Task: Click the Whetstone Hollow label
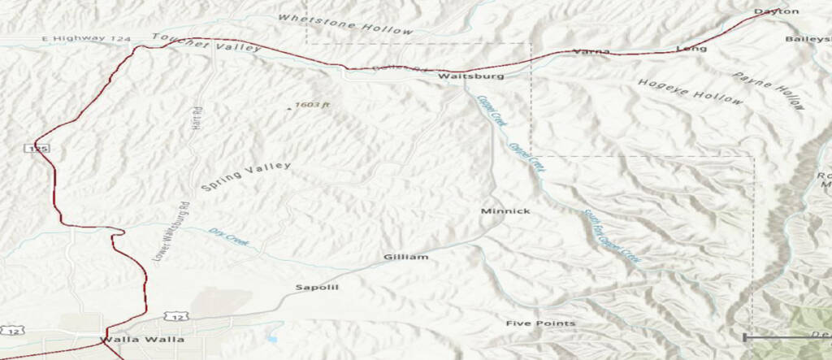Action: pos(344,24)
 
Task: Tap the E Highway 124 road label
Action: pos(76,39)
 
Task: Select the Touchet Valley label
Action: pos(206,43)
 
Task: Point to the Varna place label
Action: pos(591,51)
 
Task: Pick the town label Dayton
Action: pos(776,11)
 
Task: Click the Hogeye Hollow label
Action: pos(690,92)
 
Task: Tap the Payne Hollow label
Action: pos(769,90)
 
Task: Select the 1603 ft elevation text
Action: pos(313,105)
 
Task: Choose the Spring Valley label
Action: pos(245,176)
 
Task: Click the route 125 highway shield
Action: pos(31,149)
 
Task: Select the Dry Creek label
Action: pos(228,236)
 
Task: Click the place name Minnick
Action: pos(505,211)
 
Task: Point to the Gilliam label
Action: pos(405,257)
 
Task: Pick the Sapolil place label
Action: pos(316,288)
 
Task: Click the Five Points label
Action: pos(540,323)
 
